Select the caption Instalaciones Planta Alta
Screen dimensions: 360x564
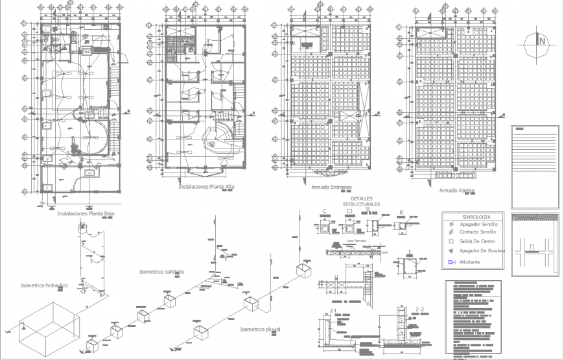[x=207, y=186]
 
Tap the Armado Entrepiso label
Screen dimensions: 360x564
[x=331, y=187]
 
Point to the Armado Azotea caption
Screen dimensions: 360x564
[x=456, y=191]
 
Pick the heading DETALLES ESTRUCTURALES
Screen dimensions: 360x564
[x=362, y=202]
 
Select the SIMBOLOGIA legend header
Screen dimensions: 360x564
[x=476, y=217]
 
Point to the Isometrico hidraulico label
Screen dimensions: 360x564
[x=44, y=285]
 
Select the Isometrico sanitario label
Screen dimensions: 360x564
[x=162, y=271]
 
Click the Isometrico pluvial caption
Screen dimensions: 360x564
[x=260, y=330]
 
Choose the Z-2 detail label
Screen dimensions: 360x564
[x=419, y=309]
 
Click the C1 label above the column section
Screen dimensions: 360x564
[x=349, y=211]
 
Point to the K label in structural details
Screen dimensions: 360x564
[x=401, y=212]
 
